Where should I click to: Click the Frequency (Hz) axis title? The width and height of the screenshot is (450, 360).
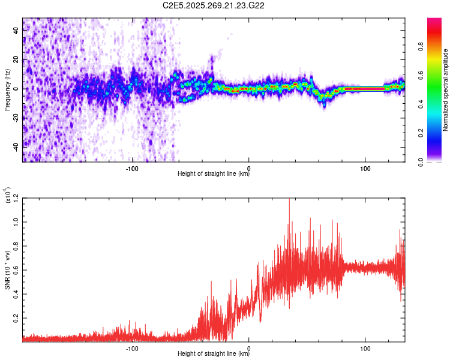click(x=7, y=89)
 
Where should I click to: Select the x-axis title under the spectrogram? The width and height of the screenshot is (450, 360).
click(x=214, y=174)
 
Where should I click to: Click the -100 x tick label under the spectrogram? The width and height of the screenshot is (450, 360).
click(x=132, y=167)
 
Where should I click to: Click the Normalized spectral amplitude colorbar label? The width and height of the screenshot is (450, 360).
click(x=446, y=89)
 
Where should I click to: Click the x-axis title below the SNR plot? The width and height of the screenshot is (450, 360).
click(x=214, y=354)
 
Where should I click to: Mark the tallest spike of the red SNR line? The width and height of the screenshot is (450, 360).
click(x=289, y=199)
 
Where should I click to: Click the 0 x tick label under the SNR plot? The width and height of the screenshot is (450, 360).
click(x=249, y=347)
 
